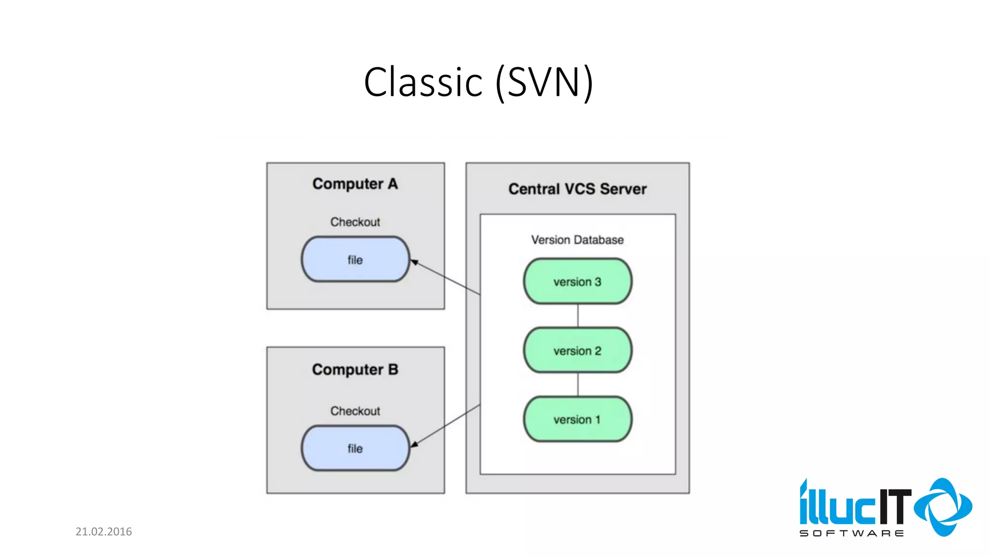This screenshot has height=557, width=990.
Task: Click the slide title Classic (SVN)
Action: click(478, 82)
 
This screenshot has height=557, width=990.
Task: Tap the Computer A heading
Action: click(355, 184)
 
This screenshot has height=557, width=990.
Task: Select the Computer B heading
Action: click(355, 369)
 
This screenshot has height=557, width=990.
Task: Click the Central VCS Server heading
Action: click(577, 189)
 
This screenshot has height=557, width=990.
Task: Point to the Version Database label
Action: click(577, 240)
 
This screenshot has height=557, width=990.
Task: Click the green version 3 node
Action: click(577, 281)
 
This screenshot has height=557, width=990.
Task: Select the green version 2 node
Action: click(577, 351)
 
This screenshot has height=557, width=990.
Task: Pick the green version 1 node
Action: click(577, 419)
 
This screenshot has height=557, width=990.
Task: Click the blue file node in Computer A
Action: click(355, 260)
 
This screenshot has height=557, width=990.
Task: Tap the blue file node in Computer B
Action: click(355, 448)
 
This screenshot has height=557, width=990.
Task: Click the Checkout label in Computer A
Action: click(355, 222)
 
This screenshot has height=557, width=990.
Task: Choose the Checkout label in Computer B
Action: click(355, 411)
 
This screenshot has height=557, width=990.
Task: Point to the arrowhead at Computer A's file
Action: click(414, 263)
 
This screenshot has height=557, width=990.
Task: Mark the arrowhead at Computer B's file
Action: click(414, 443)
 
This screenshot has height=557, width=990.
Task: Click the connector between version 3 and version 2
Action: click(578, 316)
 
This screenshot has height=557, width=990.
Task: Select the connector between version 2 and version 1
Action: click(578, 384)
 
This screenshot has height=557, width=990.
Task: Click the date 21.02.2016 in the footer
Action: click(103, 531)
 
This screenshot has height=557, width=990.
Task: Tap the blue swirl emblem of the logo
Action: click(943, 507)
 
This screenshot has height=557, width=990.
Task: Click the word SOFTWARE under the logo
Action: click(851, 533)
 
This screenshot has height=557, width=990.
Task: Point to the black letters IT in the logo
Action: click(894, 507)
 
